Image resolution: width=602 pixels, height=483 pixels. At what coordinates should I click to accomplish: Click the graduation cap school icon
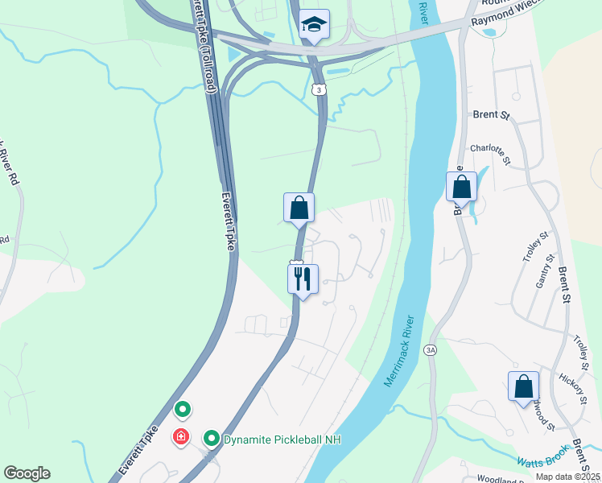314,24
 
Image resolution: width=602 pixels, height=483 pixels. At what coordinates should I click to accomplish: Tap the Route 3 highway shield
320,91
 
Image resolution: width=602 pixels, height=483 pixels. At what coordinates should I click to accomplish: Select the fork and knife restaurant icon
303,279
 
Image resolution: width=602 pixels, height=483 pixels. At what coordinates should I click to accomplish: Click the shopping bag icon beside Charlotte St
462,187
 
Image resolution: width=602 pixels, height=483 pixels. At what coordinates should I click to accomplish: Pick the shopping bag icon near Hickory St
523,386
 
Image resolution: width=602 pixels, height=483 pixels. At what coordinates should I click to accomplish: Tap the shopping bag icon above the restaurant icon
299,208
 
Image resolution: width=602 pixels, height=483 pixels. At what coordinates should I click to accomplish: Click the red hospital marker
182,437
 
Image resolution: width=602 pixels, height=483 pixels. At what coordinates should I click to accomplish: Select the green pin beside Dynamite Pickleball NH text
212,439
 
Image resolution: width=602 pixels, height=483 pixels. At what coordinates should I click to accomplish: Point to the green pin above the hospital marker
183,410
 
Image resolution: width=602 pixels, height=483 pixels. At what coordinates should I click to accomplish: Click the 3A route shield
431,349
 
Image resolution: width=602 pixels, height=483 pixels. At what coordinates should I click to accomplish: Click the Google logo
27,473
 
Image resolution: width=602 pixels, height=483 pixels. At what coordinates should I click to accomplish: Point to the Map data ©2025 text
567,477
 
